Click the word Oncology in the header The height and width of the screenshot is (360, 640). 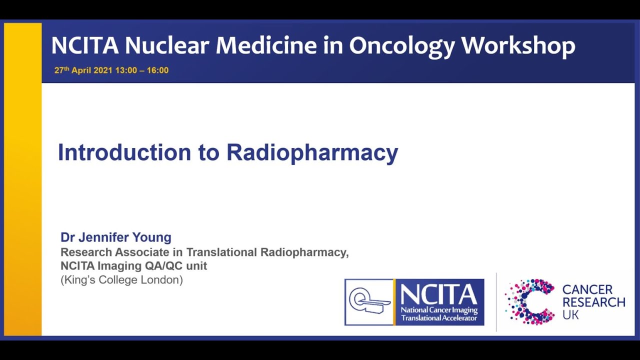[401, 45]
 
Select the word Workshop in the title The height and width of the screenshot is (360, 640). [518, 45]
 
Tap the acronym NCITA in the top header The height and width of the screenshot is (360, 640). [84, 45]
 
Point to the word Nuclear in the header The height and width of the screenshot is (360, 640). [166, 45]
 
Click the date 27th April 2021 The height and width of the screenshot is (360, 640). [83, 70]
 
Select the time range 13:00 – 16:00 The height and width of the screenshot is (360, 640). [142, 70]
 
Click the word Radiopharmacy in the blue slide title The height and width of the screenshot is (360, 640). [312, 152]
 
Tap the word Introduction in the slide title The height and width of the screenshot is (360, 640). [124, 152]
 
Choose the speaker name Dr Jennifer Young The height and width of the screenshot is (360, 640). [115, 237]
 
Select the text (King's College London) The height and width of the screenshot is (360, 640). [121, 280]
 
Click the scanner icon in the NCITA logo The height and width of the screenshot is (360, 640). [369, 302]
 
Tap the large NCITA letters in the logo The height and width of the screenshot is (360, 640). [438, 295]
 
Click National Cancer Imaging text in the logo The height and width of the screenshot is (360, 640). [439, 310]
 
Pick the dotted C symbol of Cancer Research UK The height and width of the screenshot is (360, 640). [530, 301]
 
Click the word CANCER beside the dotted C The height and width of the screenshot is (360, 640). [587, 290]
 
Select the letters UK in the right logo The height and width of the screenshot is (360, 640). [570, 315]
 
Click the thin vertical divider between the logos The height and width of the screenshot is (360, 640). [496, 302]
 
